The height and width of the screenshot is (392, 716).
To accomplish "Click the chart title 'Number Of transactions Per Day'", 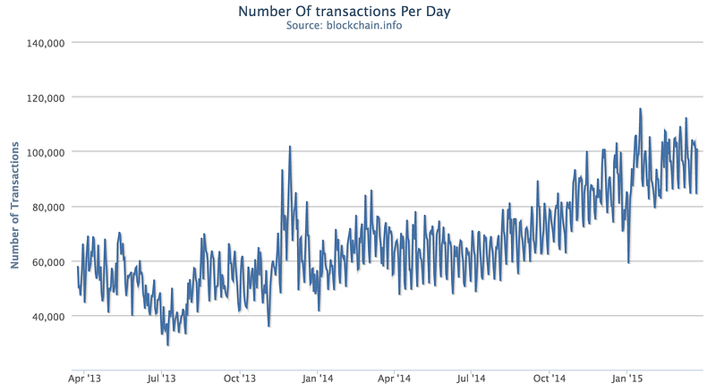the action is pos(345,11).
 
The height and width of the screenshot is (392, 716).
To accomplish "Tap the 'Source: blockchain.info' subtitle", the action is pos(345,26).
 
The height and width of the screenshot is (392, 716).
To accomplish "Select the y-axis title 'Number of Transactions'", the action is pos(14,205).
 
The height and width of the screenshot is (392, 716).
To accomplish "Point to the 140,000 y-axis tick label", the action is pos(46,43).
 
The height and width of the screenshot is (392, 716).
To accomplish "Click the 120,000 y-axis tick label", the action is pos(46,98).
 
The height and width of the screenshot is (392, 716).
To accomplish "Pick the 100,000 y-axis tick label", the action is pos(46,152).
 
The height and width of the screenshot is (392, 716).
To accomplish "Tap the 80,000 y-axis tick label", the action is pos(48,207).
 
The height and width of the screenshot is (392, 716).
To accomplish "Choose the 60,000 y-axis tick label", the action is pos(48,262).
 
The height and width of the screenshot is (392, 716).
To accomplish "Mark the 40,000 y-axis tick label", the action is pos(48,316).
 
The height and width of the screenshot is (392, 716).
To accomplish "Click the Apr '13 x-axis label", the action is pos(84,379).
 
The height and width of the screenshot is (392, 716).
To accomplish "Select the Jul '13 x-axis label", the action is pos(161,379).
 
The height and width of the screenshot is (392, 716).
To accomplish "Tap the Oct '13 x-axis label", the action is pos(240,379).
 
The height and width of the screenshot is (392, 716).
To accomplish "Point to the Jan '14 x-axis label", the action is pos(318,379).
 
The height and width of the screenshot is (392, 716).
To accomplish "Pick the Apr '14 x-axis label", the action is pos(394,379).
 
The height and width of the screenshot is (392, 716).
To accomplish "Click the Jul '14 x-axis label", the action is pos(471,379).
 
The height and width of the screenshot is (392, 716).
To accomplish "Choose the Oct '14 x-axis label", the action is pos(550,379).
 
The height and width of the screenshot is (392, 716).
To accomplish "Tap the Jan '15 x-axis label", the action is pos(627,379).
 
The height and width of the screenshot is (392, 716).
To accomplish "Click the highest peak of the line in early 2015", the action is pos(640,108).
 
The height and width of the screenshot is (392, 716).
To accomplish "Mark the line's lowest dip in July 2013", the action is pos(168,345).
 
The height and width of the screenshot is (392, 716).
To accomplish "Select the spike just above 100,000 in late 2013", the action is pos(289,147).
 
